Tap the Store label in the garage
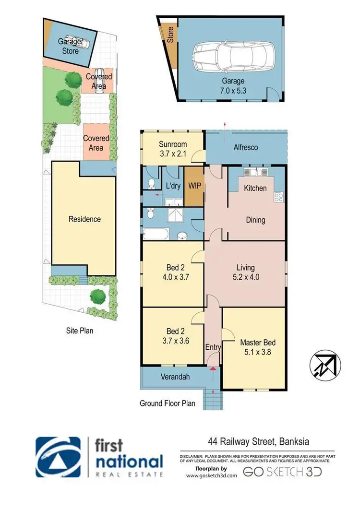point(170,35)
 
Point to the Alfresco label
point(246,147)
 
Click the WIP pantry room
point(194,186)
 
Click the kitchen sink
point(254,172)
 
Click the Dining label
point(255,220)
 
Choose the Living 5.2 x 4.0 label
point(245,272)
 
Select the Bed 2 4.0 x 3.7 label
point(172,272)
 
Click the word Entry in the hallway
point(213,347)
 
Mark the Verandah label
point(174,377)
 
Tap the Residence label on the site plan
point(84,219)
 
